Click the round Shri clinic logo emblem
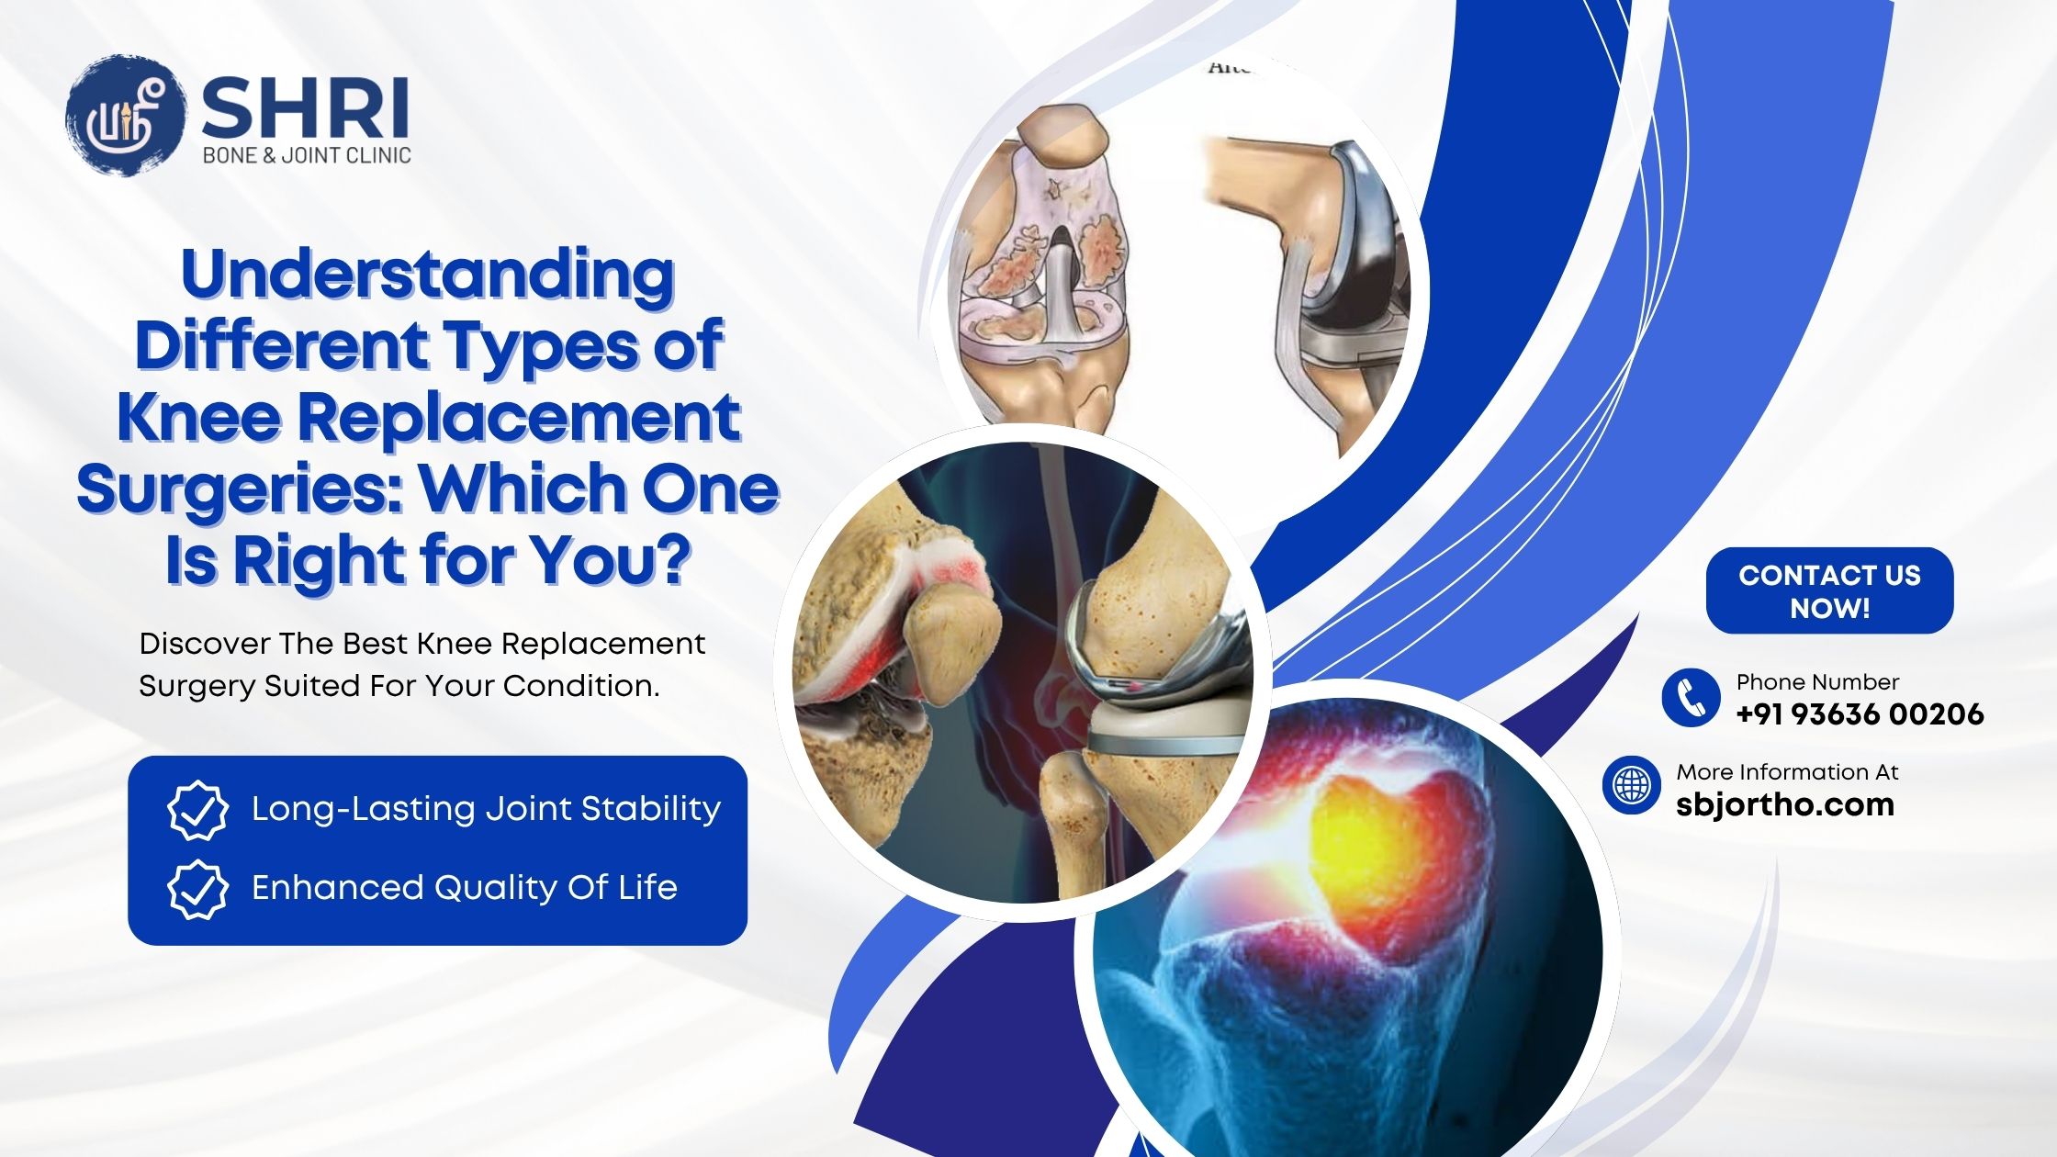click(127, 115)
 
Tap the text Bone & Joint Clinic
click(307, 155)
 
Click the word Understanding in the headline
click(428, 275)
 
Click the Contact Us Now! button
click(1829, 590)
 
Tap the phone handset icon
click(1691, 697)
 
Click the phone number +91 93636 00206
click(1860, 713)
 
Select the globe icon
click(1632, 785)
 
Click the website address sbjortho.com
click(1785, 804)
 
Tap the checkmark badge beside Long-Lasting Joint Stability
click(197, 810)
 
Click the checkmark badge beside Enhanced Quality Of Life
click(197, 889)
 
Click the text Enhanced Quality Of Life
click(465, 888)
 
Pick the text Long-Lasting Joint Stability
click(486, 809)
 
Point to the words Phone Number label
click(1817, 682)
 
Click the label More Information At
click(1787, 772)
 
